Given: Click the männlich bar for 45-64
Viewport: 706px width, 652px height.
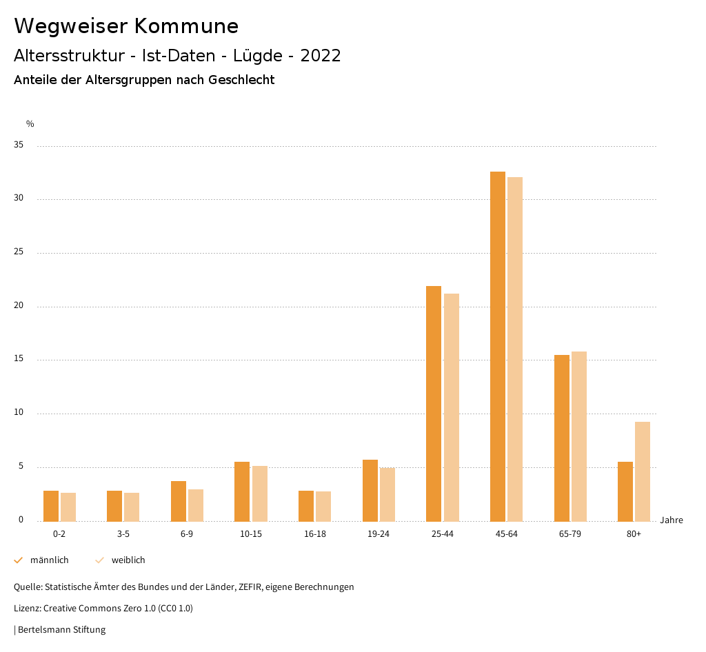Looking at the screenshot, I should [497, 346].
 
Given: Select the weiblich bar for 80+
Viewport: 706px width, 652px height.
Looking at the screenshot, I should [643, 471].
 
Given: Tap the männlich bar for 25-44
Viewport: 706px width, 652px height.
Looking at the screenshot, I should [434, 403].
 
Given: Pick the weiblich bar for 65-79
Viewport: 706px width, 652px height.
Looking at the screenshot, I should [579, 436].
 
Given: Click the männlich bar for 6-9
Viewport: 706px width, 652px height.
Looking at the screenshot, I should [179, 501].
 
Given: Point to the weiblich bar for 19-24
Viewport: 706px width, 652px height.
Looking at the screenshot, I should [387, 494].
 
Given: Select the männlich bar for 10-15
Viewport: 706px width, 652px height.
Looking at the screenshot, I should [242, 491].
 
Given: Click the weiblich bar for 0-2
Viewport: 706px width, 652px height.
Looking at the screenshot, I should [68, 507].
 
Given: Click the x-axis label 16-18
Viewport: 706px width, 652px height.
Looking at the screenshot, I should [315, 534].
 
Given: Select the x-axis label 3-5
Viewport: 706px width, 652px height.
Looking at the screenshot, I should [123, 534].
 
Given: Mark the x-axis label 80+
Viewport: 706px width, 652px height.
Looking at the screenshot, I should [634, 534].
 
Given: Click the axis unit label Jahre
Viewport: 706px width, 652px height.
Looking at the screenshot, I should [671, 520].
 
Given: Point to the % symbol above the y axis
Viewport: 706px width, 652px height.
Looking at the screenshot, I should [30, 124].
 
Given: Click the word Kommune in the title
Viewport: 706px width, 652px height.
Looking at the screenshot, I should [186, 26].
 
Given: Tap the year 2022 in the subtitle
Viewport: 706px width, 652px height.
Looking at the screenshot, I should [321, 56].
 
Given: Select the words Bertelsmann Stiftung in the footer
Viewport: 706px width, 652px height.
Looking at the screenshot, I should [62, 629].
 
